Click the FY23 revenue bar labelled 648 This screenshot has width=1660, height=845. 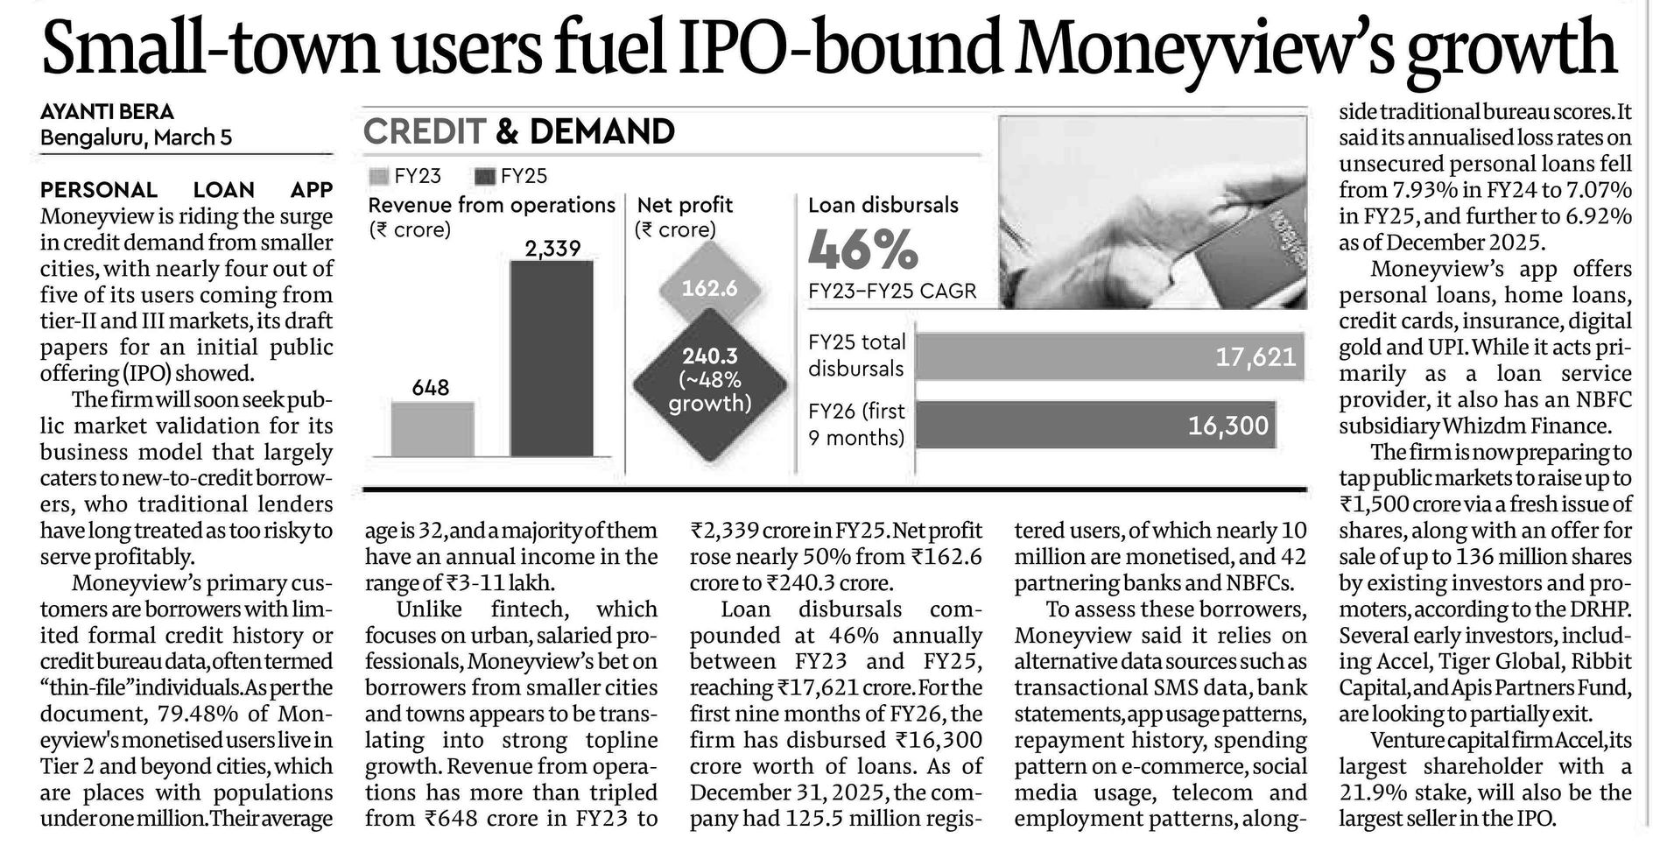pyautogui.click(x=432, y=429)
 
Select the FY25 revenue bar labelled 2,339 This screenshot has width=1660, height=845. pyautogui.click(x=551, y=358)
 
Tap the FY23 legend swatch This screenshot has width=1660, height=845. pyautogui.click(x=378, y=176)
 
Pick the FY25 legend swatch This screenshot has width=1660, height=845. pyautogui.click(x=484, y=176)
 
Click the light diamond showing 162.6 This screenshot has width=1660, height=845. pyautogui.click(x=709, y=288)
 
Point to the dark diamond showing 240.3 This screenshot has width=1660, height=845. pyautogui.click(x=709, y=380)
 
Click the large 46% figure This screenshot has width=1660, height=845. pyautogui.click(x=862, y=250)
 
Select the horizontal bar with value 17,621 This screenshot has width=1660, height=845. pyautogui.click(x=1108, y=356)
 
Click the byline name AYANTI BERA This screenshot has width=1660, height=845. pyautogui.click(x=107, y=112)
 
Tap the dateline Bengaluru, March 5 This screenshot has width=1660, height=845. pyautogui.click(x=136, y=137)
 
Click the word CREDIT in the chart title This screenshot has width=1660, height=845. pyautogui.click(x=424, y=131)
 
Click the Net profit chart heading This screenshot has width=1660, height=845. pyautogui.click(x=685, y=205)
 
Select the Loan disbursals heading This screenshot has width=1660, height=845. pyautogui.click(x=883, y=205)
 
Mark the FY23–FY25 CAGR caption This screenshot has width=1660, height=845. pyautogui.click(x=891, y=291)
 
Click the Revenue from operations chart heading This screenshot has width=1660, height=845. pyautogui.click(x=491, y=205)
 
